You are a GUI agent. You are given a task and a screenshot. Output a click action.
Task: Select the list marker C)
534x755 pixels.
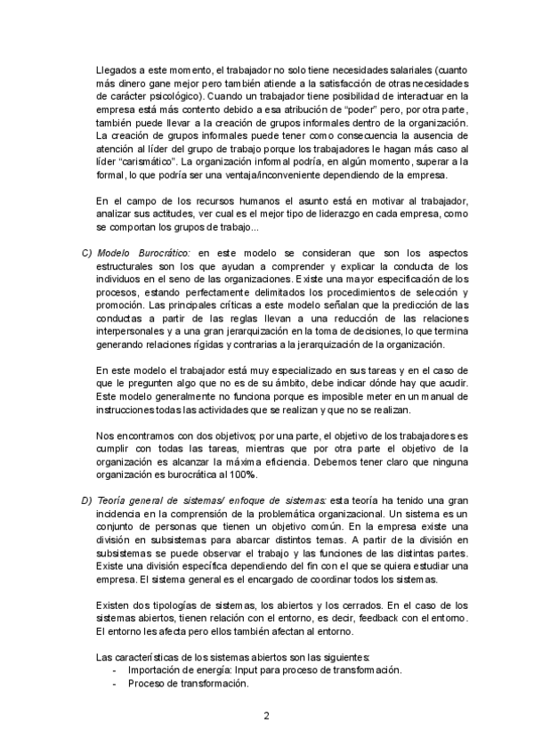click(86, 253)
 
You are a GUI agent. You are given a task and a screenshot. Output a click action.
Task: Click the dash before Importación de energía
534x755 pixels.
click(113, 670)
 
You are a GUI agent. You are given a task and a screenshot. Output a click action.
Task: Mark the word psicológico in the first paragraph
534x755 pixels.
click(176, 95)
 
